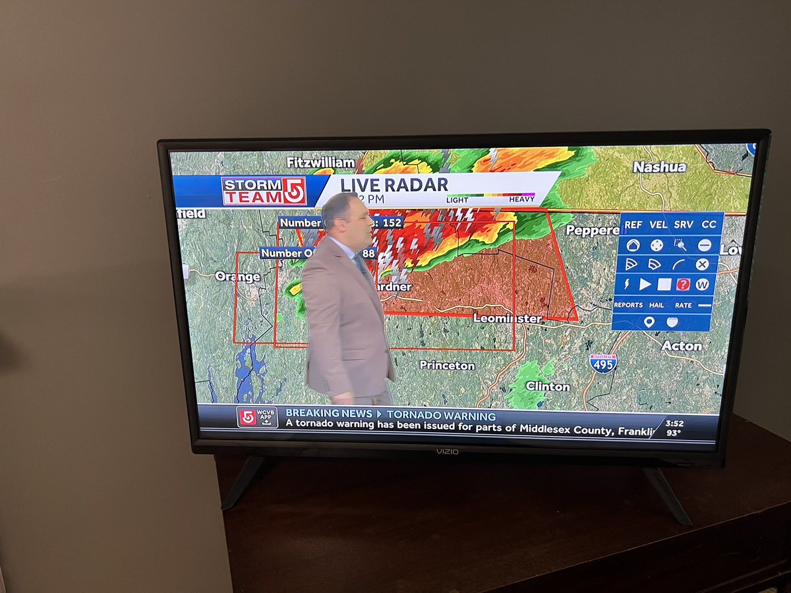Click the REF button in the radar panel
pyautogui.click(x=633, y=225)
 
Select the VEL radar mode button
pyautogui.click(x=658, y=225)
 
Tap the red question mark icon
pyautogui.click(x=683, y=285)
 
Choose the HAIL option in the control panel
pyautogui.click(x=657, y=305)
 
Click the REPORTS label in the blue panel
pyautogui.click(x=628, y=305)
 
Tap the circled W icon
pyautogui.click(x=702, y=285)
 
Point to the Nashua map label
pyautogui.click(x=659, y=167)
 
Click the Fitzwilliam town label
pyautogui.click(x=320, y=162)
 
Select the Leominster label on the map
pyautogui.click(x=508, y=319)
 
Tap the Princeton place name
pyautogui.click(x=447, y=365)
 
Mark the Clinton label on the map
pyautogui.click(x=548, y=386)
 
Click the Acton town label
pyautogui.click(x=682, y=346)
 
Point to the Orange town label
pyautogui.click(x=237, y=277)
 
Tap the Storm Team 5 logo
pyautogui.click(x=264, y=191)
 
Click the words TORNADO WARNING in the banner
pyautogui.click(x=441, y=416)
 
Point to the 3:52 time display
pyautogui.click(x=674, y=423)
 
